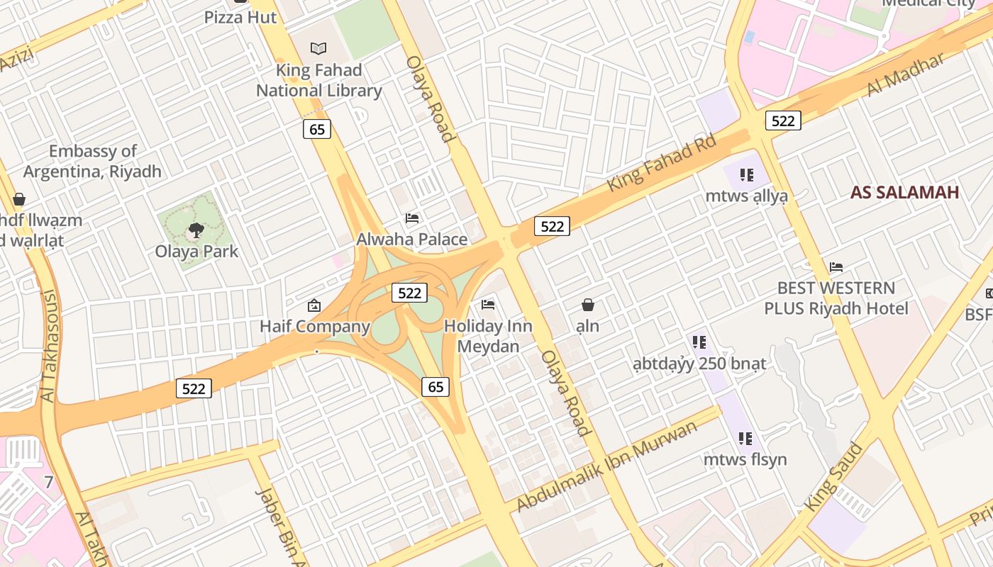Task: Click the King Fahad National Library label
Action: (x=318, y=81)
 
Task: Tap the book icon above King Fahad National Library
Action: (x=319, y=48)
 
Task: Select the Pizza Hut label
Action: (x=240, y=17)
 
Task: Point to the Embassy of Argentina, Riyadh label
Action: (x=92, y=162)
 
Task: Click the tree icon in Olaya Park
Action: (x=196, y=230)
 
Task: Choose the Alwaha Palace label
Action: (x=411, y=240)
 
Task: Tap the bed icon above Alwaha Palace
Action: (x=412, y=218)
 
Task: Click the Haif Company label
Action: (x=315, y=327)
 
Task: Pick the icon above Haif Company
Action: (x=314, y=305)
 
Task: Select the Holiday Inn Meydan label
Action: (x=488, y=337)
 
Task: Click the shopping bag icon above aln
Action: (x=588, y=305)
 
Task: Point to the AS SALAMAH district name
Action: (x=904, y=192)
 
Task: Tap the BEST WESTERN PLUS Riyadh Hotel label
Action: (x=836, y=298)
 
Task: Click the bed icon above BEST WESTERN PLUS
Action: (x=836, y=267)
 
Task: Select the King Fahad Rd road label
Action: (x=662, y=163)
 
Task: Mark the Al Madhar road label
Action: (x=906, y=74)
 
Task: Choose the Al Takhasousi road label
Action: (x=48, y=346)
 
